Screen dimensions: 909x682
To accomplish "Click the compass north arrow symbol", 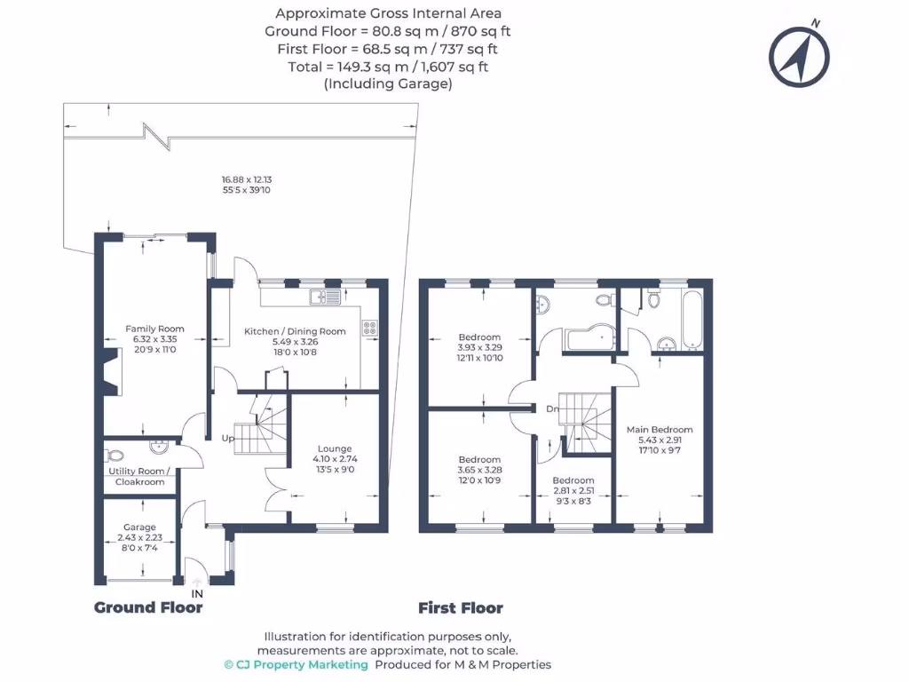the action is pos(799,56).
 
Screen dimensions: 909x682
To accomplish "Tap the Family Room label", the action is pos(154,329).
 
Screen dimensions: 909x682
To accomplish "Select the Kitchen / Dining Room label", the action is pos(295,331).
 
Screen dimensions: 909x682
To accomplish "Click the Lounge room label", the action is pos(335,448).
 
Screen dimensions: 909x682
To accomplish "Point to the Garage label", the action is pos(139,527).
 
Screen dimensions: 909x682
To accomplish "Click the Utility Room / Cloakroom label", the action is pos(139,477).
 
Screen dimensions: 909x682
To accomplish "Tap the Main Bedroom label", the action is pos(660,430).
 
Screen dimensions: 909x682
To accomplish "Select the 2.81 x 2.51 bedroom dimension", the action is pos(573,490).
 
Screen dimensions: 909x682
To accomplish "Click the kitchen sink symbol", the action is pos(325,297).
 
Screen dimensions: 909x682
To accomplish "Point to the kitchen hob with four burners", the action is pos(370,329).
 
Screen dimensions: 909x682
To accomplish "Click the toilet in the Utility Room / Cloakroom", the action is pos(115,456).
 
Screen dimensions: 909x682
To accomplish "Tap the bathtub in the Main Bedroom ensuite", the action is pos(692,320).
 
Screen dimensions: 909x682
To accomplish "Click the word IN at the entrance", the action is pos(197,594).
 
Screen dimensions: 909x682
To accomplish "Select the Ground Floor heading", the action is pos(148,607).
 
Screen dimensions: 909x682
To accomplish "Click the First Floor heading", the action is pos(461,608).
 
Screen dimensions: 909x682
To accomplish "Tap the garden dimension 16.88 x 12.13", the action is pos(247,179).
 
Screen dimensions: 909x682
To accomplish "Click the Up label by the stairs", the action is pos(228,439).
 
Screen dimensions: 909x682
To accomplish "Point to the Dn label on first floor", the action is pos(552,408).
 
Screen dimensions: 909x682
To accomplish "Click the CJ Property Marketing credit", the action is pos(296,665).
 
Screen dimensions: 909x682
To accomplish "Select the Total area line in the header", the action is pos(388,67).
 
